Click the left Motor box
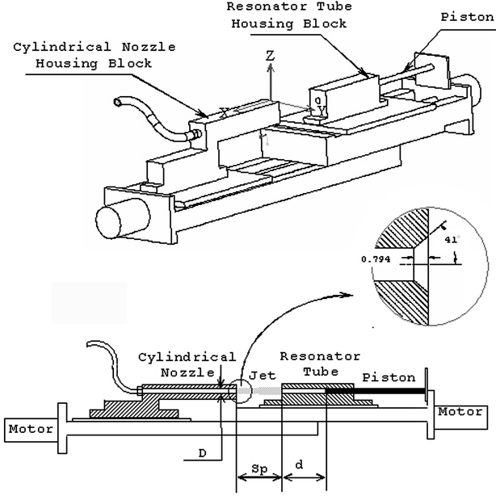click(x=31, y=429)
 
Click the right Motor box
click(x=461, y=411)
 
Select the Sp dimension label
click(x=258, y=469)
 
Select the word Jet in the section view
click(x=258, y=377)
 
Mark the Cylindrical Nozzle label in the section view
click(x=186, y=364)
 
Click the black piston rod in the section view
click(x=376, y=391)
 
